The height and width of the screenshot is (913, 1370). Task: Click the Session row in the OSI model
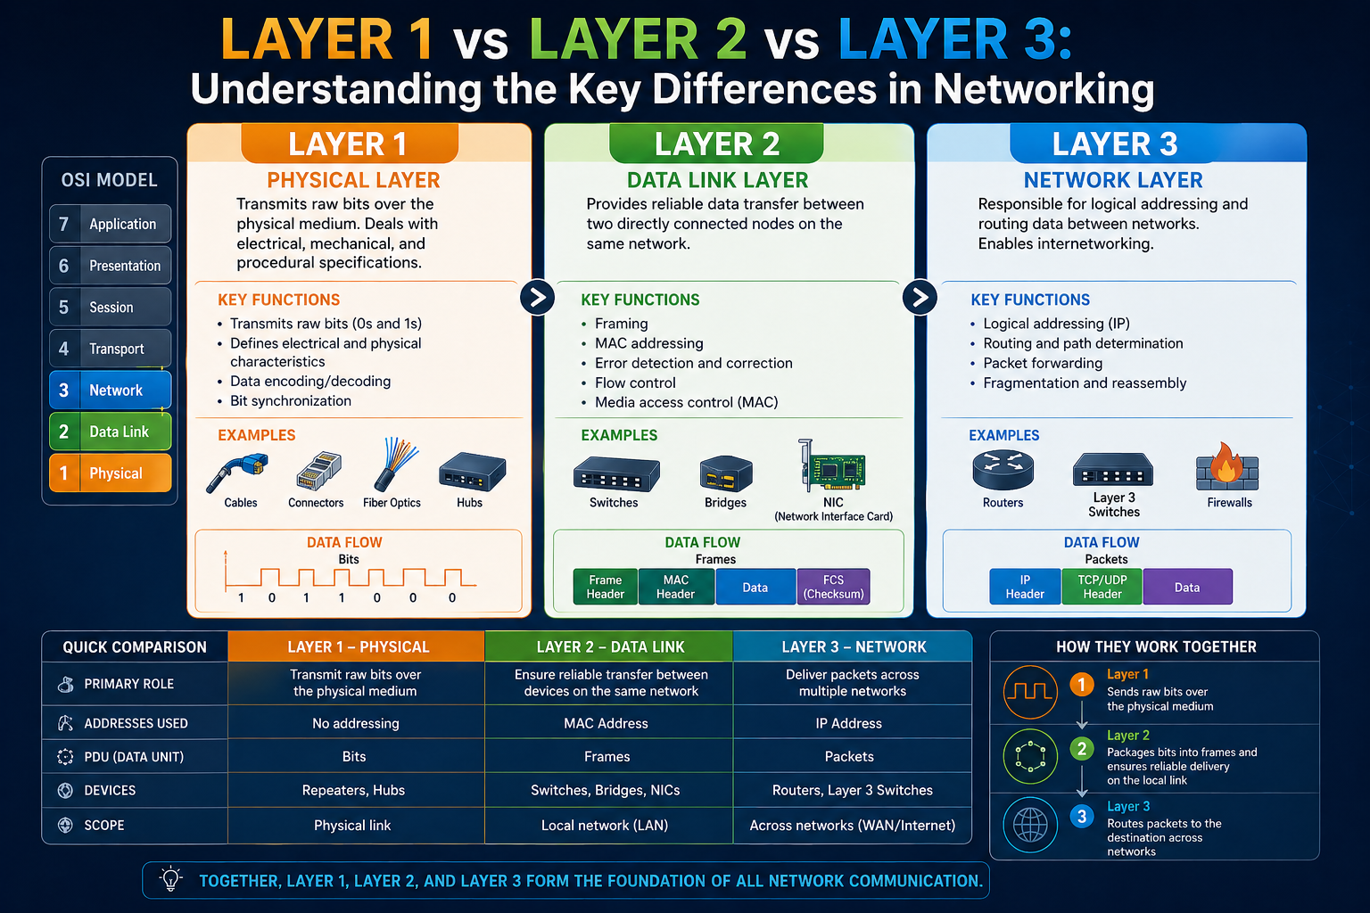coord(110,307)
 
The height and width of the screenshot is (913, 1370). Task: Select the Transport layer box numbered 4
coord(110,349)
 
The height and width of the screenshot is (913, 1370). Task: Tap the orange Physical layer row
coord(110,473)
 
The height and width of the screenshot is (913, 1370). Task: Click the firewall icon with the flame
coord(1227,467)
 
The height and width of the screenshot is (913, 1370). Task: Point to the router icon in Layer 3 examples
coord(1003,470)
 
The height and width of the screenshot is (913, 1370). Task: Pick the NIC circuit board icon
coord(832,465)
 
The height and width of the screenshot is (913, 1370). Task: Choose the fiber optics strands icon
coord(394,465)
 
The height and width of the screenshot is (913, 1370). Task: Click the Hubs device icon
coord(472,472)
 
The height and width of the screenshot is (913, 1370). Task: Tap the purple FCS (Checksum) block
coord(834,587)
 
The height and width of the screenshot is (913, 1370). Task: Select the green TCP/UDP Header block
coord(1102,587)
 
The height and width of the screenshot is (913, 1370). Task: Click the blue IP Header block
coord(1025,587)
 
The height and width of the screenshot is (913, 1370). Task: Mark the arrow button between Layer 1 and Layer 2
coord(538,298)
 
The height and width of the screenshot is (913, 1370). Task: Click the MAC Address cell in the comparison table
coord(606,723)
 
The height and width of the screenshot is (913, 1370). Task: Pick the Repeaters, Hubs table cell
coord(353,790)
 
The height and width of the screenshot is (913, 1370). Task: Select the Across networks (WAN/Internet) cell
coord(853,826)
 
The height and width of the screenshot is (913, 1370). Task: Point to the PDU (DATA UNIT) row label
coord(134,757)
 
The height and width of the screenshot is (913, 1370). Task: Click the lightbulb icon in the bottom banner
coord(170,879)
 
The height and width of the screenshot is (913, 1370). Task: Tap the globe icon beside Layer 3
coord(1030,825)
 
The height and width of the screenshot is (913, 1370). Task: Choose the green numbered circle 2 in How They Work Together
coord(1081,749)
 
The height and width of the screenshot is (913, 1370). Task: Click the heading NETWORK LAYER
coord(1113,180)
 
